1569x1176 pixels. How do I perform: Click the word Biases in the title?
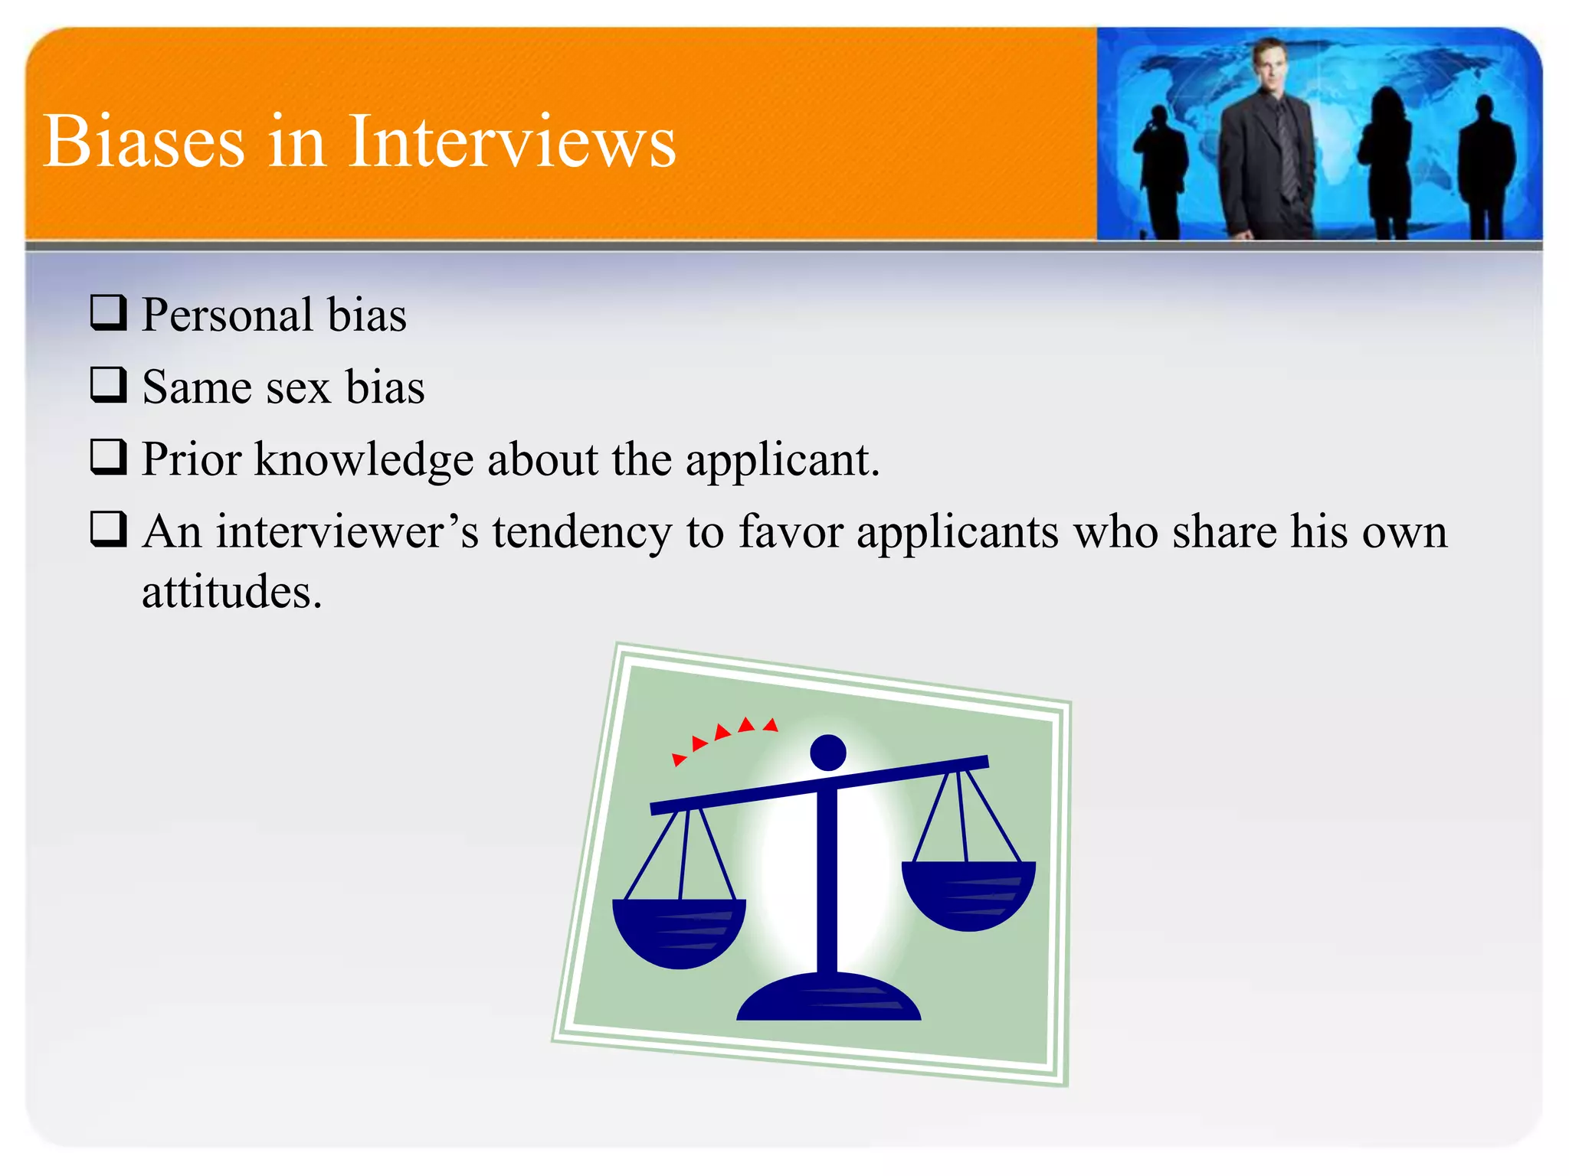pos(144,142)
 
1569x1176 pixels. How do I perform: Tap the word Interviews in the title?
pos(512,142)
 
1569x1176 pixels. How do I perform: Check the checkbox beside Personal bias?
pos(108,312)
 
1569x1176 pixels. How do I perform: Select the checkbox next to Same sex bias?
pos(108,384)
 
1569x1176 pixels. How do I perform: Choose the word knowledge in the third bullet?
pos(364,460)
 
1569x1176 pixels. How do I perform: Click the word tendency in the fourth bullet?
pos(581,531)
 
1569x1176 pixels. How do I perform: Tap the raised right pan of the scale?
pos(968,893)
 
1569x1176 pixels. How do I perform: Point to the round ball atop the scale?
pos(827,753)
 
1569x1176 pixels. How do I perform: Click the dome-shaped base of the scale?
pos(828,998)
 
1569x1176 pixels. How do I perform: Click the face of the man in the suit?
pos(1269,64)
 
